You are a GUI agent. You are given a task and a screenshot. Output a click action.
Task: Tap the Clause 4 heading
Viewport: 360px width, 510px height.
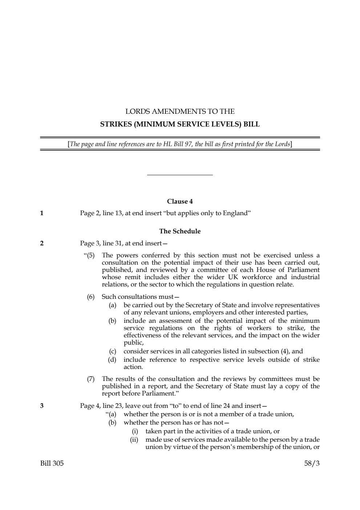[x=180, y=201]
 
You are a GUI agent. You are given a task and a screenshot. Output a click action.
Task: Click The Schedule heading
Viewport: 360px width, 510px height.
[x=180, y=231]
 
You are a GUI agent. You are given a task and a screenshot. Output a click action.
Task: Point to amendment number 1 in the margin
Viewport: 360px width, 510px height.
[x=42, y=213]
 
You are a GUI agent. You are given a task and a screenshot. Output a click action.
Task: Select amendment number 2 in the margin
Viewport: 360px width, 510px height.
[x=42, y=243]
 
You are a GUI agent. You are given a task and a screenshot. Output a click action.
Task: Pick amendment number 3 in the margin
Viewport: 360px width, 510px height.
[x=42, y=406]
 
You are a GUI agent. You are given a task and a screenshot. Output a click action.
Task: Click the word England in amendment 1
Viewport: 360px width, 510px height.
[x=236, y=213]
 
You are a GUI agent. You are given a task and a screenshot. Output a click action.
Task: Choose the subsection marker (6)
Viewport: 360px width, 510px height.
[x=90, y=297]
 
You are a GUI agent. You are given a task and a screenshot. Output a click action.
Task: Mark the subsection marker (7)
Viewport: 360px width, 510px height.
[x=90, y=379]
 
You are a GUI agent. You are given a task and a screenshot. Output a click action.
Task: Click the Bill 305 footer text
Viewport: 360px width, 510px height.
[x=52, y=463]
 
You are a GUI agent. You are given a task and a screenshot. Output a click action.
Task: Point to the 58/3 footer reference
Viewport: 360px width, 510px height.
[x=312, y=463]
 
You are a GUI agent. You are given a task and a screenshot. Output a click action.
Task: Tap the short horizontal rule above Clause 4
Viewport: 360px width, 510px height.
[x=180, y=175]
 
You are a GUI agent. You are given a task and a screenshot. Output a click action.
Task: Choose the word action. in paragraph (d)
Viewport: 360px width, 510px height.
[x=133, y=367]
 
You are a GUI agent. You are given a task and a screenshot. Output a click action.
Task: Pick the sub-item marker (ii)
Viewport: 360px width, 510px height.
[x=134, y=439]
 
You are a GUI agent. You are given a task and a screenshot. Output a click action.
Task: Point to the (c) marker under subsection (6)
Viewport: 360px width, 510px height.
[x=113, y=351]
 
